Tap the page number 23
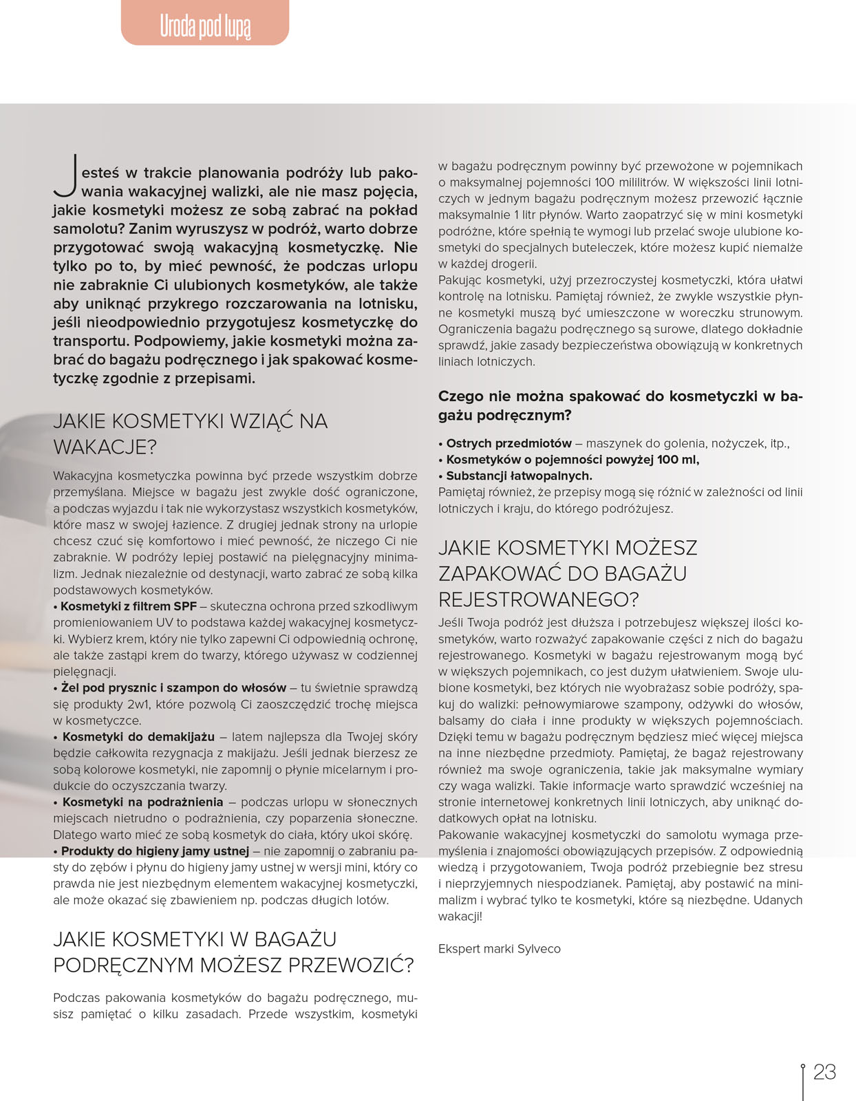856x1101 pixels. pos(824,1072)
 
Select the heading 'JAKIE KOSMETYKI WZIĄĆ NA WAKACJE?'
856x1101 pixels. pos(190,434)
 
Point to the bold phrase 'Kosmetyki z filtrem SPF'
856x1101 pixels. pos(129,606)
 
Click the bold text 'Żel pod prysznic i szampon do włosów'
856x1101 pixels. pos(173,687)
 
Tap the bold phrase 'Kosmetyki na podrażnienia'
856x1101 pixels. pos(142,802)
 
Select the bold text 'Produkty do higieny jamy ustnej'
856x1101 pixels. pos(155,851)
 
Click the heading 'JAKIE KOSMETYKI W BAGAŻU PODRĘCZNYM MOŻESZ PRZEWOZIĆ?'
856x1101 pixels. pos(233,952)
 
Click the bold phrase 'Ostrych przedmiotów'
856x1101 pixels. pos(509,443)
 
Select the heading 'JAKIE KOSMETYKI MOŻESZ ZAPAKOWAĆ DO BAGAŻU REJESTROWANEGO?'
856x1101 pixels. pos(568,573)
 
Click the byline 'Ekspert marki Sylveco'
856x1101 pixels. pos(499,949)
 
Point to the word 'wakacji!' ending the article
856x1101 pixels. pos(460,917)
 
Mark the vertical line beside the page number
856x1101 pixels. pos(802,1082)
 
